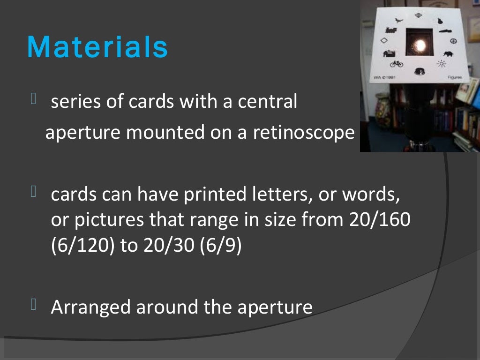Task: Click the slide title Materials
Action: click(x=97, y=47)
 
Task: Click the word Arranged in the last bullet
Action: click(x=91, y=307)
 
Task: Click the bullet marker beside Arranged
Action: click(x=33, y=306)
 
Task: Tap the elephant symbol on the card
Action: click(x=448, y=54)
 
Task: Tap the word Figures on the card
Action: click(x=454, y=77)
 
